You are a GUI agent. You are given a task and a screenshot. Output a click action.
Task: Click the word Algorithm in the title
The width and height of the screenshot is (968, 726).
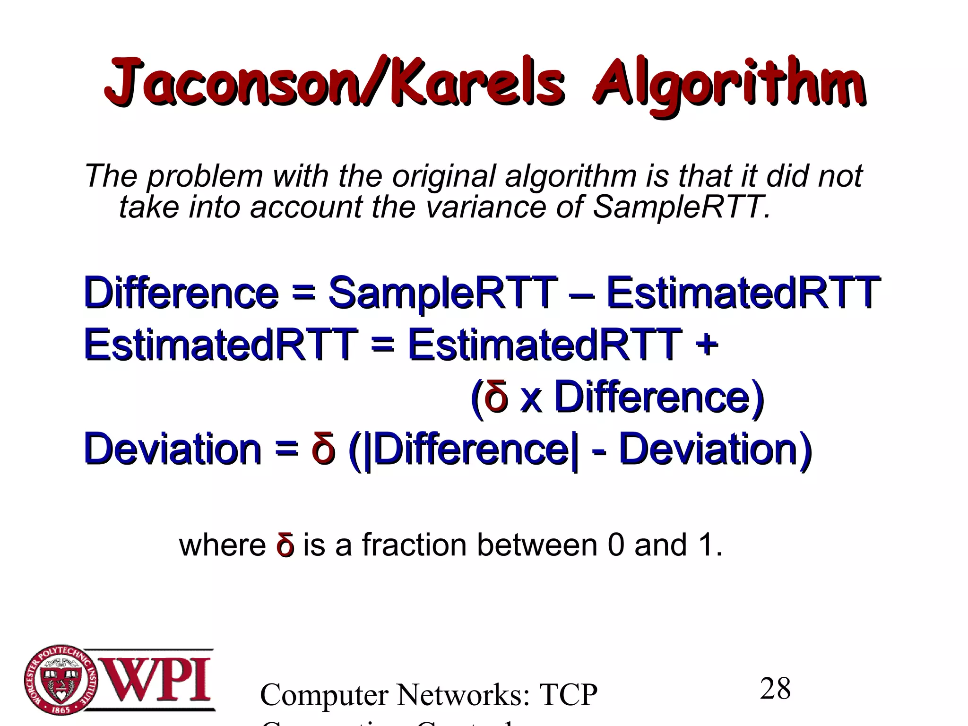729,85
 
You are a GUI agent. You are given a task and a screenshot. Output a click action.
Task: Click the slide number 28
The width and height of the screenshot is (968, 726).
775,689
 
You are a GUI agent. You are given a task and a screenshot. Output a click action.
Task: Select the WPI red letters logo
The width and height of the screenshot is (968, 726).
156,679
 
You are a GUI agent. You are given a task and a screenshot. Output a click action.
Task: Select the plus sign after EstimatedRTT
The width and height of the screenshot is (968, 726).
707,344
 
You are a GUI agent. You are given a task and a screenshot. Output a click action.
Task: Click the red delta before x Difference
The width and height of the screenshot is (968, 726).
497,397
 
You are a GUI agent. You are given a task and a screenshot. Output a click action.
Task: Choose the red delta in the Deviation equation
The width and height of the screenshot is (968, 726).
324,449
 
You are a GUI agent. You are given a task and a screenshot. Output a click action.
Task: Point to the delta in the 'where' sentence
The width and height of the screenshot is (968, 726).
285,545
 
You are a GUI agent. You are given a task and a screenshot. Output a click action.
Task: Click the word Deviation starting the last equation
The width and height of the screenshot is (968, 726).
173,449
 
